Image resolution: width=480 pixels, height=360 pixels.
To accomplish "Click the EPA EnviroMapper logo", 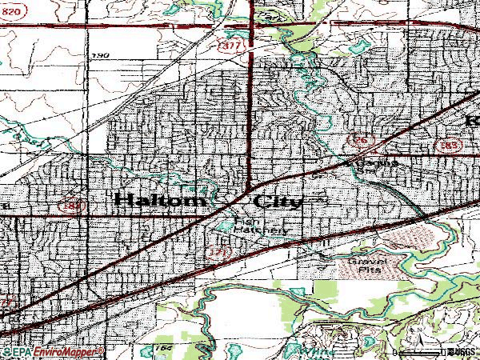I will (x=52, y=352).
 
